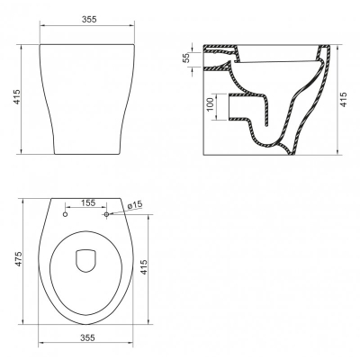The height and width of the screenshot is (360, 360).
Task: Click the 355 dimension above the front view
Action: pyautogui.click(x=89, y=19)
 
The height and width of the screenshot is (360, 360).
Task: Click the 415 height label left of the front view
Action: pyautogui.click(x=17, y=97)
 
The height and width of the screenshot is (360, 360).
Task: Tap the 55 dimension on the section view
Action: pyautogui.click(x=186, y=58)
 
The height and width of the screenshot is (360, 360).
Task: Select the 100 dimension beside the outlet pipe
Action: pyautogui.click(x=211, y=103)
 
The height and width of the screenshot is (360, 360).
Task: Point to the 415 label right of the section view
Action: pyautogui.click(x=344, y=99)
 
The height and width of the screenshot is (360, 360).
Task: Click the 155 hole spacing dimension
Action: pyautogui.click(x=88, y=202)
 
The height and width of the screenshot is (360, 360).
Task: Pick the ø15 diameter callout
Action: pyautogui.click(x=134, y=204)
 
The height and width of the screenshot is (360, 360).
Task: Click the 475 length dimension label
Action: pyautogui.click(x=19, y=259)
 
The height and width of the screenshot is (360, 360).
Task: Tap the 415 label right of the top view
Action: pyautogui.click(x=143, y=267)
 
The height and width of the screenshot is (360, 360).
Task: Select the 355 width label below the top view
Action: pyautogui.click(x=87, y=337)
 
